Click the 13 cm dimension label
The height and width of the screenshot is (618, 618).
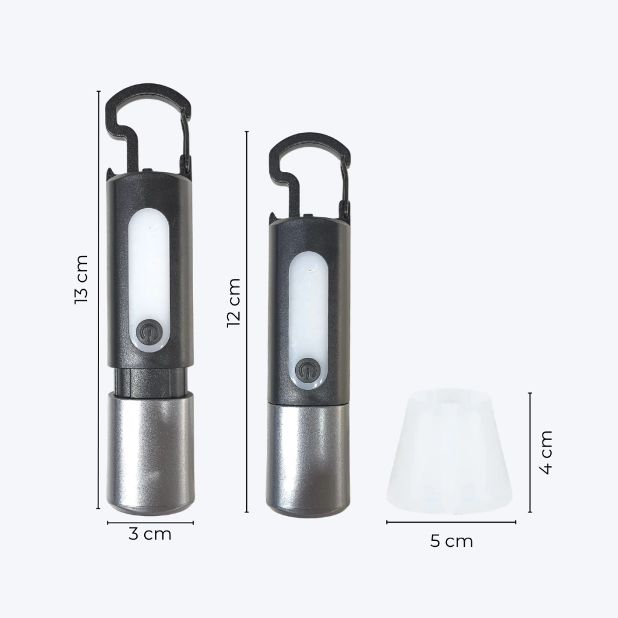click(x=81, y=279)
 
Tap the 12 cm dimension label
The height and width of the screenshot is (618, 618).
click(x=234, y=302)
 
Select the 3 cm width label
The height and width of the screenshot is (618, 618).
click(x=150, y=534)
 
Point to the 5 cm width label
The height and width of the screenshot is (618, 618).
click(x=451, y=541)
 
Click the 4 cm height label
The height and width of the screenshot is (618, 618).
click(x=546, y=452)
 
